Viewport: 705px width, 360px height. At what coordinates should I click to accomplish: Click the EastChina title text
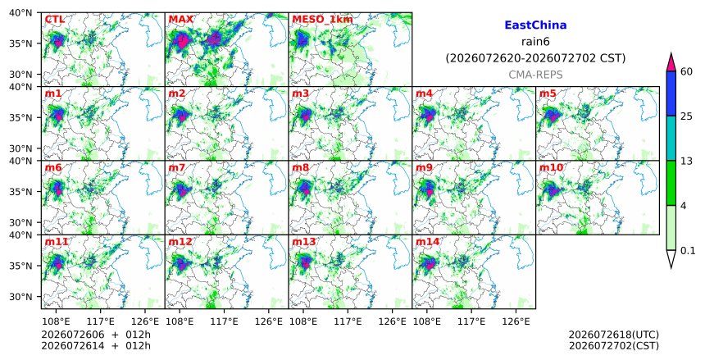click(535, 25)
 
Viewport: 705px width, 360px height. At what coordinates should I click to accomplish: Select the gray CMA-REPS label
click(535, 75)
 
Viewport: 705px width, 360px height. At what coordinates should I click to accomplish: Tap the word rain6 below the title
click(535, 41)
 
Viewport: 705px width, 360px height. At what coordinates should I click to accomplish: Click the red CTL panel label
click(54, 20)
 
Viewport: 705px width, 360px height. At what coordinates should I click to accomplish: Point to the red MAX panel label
click(180, 20)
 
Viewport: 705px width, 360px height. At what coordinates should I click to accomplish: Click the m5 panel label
click(548, 93)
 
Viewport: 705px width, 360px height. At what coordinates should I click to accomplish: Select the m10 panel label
click(551, 168)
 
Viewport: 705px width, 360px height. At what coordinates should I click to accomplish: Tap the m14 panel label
click(427, 242)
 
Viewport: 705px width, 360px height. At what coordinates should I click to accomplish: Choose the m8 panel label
click(300, 168)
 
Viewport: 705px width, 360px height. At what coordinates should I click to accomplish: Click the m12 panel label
click(180, 242)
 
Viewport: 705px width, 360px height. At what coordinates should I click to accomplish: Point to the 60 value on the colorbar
click(686, 71)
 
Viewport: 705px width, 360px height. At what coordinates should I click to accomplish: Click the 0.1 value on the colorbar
click(688, 251)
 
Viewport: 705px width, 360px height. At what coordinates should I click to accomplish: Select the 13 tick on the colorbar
click(686, 161)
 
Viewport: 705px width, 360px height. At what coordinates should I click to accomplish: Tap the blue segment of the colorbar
click(671, 93)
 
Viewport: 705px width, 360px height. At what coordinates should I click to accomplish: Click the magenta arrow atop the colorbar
click(671, 63)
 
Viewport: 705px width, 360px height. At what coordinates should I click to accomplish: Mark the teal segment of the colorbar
click(671, 138)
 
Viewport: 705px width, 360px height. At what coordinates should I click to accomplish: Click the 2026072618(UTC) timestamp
click(614, 335)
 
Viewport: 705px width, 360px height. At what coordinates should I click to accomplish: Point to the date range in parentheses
click(535, 58)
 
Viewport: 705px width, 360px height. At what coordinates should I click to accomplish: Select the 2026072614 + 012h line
click(96, 346)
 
